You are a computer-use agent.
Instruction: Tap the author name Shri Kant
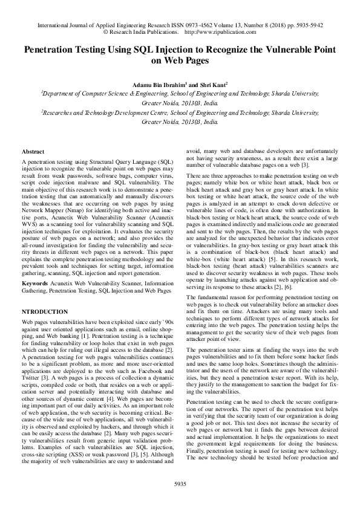click(x=215, y=85)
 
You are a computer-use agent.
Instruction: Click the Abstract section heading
click(x=33, y=151)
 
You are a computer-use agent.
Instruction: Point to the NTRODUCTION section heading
click(x=45, y=311)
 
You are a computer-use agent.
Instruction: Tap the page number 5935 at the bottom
click(x=180, y=484)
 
